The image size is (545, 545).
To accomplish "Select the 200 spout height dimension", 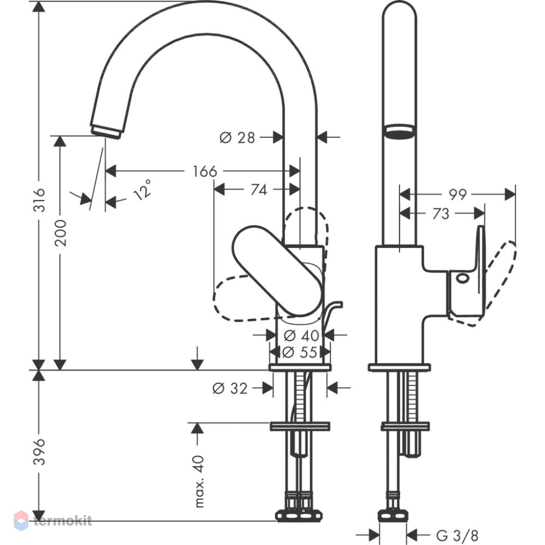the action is [x=61, y=233].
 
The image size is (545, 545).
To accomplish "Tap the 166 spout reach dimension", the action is [x=205, y=171].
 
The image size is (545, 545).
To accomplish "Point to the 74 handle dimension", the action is [x=259, y=190].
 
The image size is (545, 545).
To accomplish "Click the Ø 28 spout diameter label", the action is [x=238, y=138].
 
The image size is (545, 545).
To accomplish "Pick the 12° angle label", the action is [x=143, y=190].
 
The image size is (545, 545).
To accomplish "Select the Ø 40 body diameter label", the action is [x=301, y=335].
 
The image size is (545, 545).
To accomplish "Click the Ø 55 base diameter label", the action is [x=300, y=352].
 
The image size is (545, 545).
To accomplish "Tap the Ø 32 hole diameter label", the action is [x=230, y=388].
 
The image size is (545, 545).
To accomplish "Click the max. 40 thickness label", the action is [x=199, y=481].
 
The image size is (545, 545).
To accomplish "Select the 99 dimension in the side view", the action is [x=458, y=195].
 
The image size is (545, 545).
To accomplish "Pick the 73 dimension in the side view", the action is [x=441, y=214].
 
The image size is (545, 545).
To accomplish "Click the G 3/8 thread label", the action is [x=457, y=535].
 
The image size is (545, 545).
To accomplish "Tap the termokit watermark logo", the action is [x=53, y=520].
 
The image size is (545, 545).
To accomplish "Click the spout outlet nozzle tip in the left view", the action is [x=106, y=132].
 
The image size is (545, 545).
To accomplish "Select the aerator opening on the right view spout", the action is [x=399, y=132].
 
